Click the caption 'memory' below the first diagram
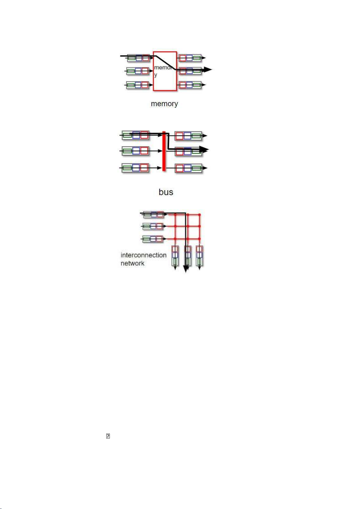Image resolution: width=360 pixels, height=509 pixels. coord(164,104)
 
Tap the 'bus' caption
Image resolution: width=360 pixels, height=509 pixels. coord(166,192)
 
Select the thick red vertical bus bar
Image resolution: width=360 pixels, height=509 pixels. coord(164,151)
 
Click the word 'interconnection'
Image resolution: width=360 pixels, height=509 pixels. coord(143,255)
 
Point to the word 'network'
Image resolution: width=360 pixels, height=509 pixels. coord(132,263)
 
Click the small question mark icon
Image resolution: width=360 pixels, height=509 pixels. coord(108,436)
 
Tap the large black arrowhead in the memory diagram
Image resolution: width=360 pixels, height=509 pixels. coord(207,69)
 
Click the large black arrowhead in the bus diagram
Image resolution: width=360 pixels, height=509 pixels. coord(204,150)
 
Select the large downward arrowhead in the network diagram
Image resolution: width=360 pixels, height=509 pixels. coord(186,269)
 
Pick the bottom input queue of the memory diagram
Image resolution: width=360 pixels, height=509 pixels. coord(138,85)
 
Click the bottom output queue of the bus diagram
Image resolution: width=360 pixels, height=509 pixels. coord(188,168)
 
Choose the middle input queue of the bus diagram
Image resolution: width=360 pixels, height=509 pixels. coord(135,151)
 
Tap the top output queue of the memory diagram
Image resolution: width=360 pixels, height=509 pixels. coord(190,58)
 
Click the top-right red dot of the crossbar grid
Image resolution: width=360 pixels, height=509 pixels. coord(199,214)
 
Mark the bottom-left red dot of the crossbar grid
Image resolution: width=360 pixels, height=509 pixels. coord(175,239)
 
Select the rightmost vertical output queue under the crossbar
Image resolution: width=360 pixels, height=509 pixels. coord(199,256)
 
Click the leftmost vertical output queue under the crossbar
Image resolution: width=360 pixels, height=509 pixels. coord(175,256)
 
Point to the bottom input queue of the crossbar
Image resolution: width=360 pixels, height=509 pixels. coord(153,239)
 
